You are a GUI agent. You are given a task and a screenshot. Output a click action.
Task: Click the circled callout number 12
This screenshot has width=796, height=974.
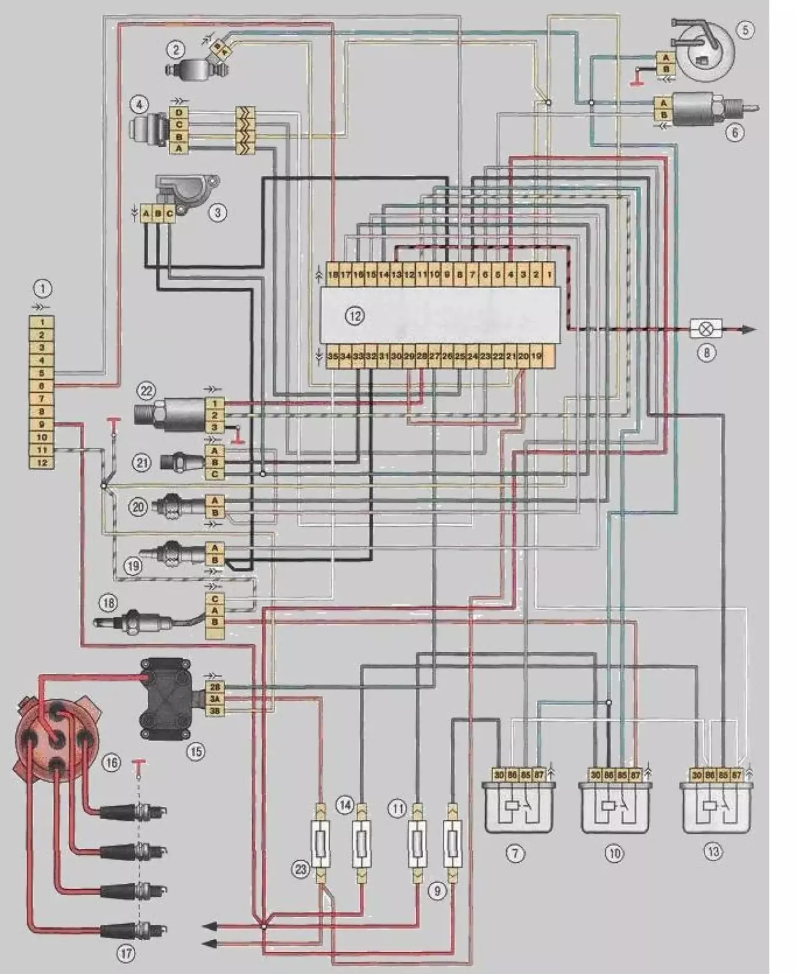[x=354, y=316]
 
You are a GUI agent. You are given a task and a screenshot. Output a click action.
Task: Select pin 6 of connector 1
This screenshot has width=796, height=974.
[x=42, y=386]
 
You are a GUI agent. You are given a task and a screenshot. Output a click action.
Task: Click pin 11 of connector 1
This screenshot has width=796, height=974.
[x=42, y=450]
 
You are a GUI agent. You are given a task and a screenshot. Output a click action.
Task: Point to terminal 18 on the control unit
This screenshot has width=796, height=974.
[x=332, y=275]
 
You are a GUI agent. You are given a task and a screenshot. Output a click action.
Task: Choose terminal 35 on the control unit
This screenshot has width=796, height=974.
[x=333, y=356]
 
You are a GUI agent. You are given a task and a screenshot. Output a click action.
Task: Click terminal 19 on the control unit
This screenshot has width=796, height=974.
[x=536, y=356]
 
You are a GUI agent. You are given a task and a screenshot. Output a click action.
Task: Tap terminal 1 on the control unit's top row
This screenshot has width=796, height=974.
[x=548, y=275]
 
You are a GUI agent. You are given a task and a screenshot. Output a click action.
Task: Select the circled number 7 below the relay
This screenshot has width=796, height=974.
[x=515, y=853]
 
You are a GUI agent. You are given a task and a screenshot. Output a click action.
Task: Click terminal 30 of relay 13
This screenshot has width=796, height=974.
[x=696, y=776]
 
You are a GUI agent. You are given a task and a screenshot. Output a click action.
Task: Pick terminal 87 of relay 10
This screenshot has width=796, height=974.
[x=635, y=776]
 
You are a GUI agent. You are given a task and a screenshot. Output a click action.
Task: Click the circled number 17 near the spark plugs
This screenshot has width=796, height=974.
[x=127, y=954]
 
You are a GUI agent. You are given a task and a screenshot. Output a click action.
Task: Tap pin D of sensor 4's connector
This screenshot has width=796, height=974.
[x=179, y=113]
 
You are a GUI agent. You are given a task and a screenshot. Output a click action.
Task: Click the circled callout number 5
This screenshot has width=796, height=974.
[x=744, y=29]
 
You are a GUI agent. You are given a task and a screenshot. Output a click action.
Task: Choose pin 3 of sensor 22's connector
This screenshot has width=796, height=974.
[x=214, y=427]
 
